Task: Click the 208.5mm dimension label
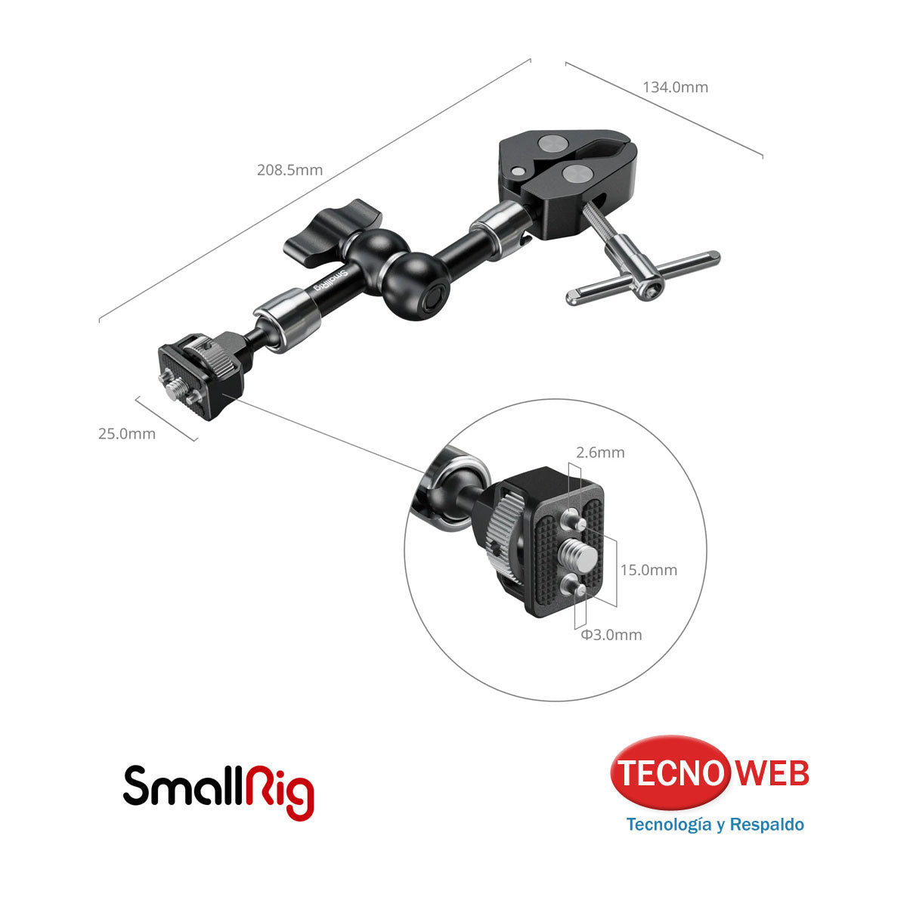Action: tap(289, 170)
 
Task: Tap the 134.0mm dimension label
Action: tap(675, 87)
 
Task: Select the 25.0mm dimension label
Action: tap(126, 434)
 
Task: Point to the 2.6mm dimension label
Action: tap(600, 453)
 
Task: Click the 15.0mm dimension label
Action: tap(649, 570)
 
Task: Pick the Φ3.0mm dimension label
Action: tap(611, 635)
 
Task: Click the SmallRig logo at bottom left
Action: tap(218, 790)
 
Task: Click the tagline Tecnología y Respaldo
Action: tap(714, 824)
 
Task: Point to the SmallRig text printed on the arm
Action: tap(329, 280)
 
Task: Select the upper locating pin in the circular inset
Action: tap(571, 519)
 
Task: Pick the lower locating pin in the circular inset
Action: tap(571, 584)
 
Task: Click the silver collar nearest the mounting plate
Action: tap(286, 321)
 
